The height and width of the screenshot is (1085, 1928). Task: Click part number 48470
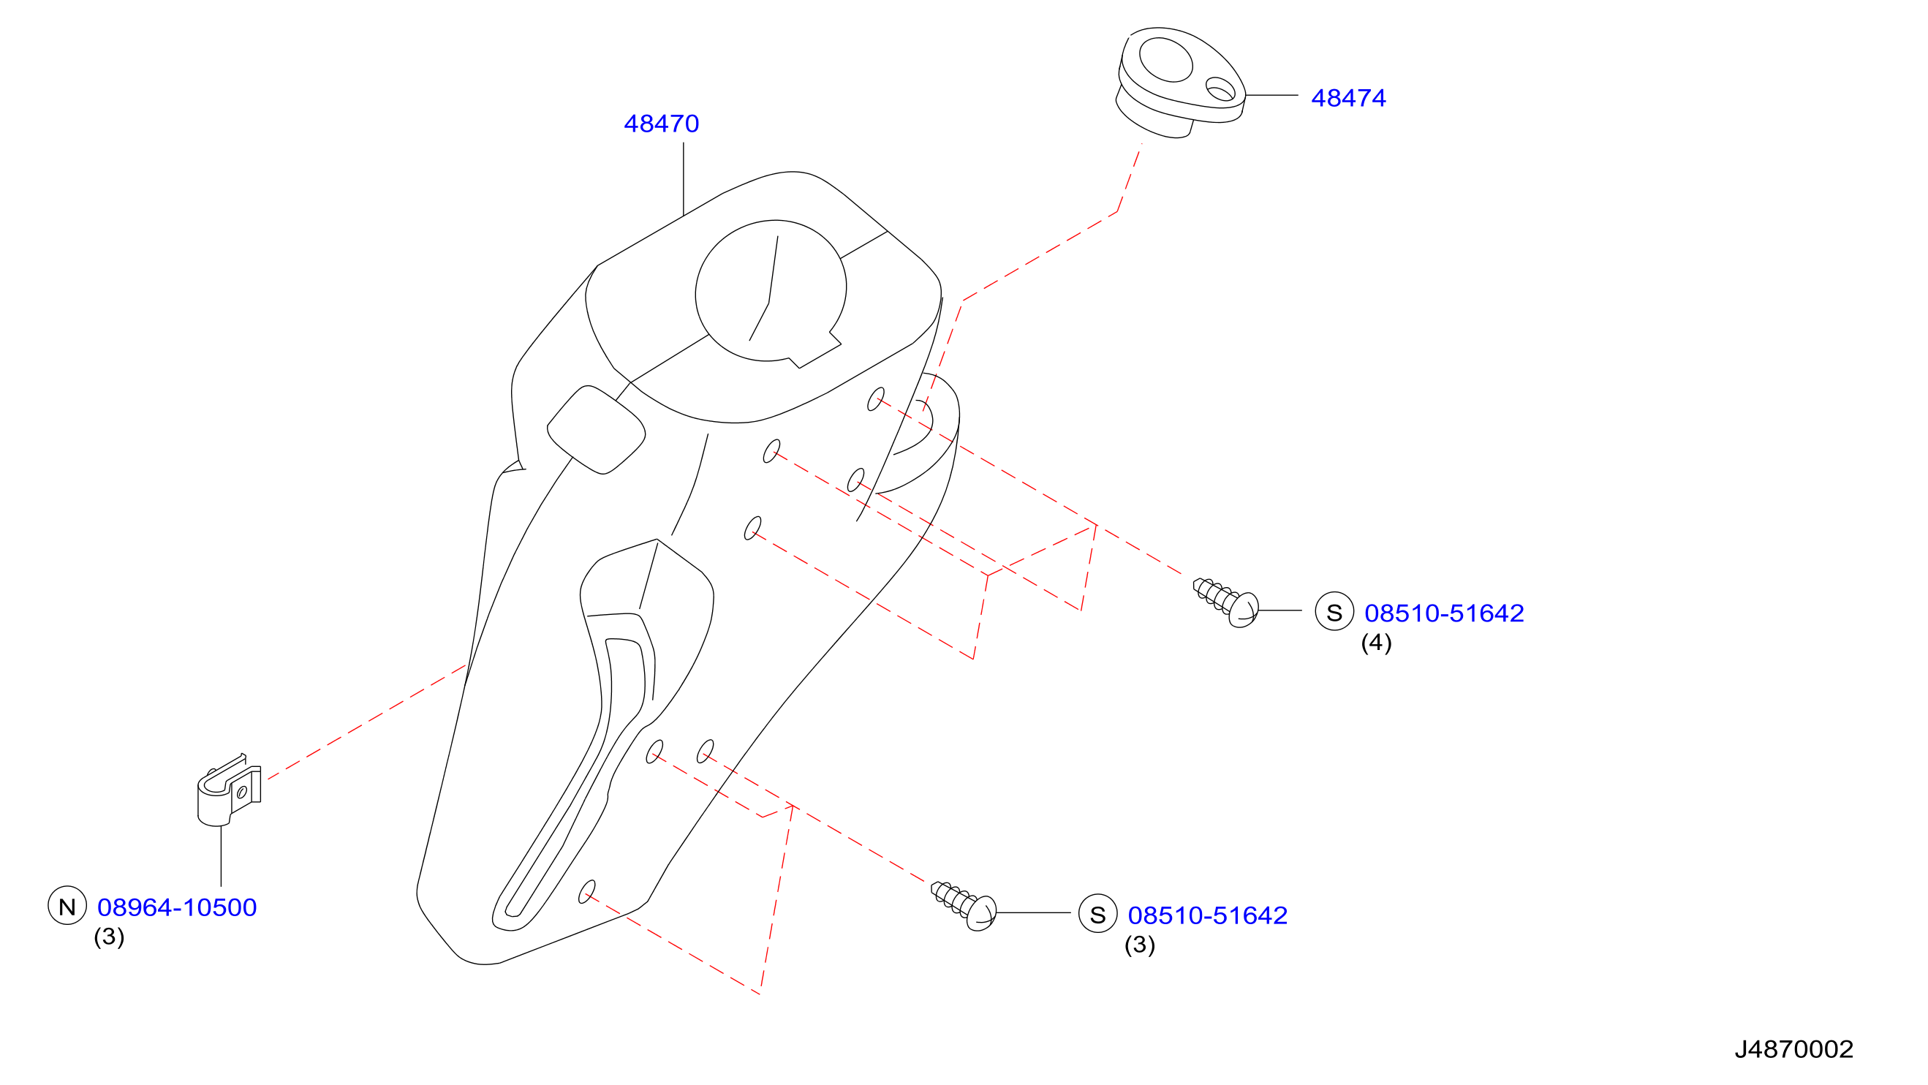(x=661, y=124)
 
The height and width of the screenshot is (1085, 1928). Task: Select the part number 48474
(x=1348, y=98)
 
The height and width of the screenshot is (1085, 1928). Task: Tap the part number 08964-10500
(x=177, y=907)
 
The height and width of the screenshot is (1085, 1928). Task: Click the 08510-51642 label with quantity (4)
(x=1444, y=613)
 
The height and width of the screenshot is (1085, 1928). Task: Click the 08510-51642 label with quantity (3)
(x=1207, y=916)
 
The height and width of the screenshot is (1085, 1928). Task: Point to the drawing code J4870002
(x=1794, y=1050)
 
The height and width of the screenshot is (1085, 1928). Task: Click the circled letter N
(x=67, y=906)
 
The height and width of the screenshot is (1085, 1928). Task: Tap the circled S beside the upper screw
(x=1334, y=611)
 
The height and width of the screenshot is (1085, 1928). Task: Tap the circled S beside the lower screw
(x=1098, y=914)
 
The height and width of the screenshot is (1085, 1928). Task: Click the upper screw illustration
(x=1226, y=602)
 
